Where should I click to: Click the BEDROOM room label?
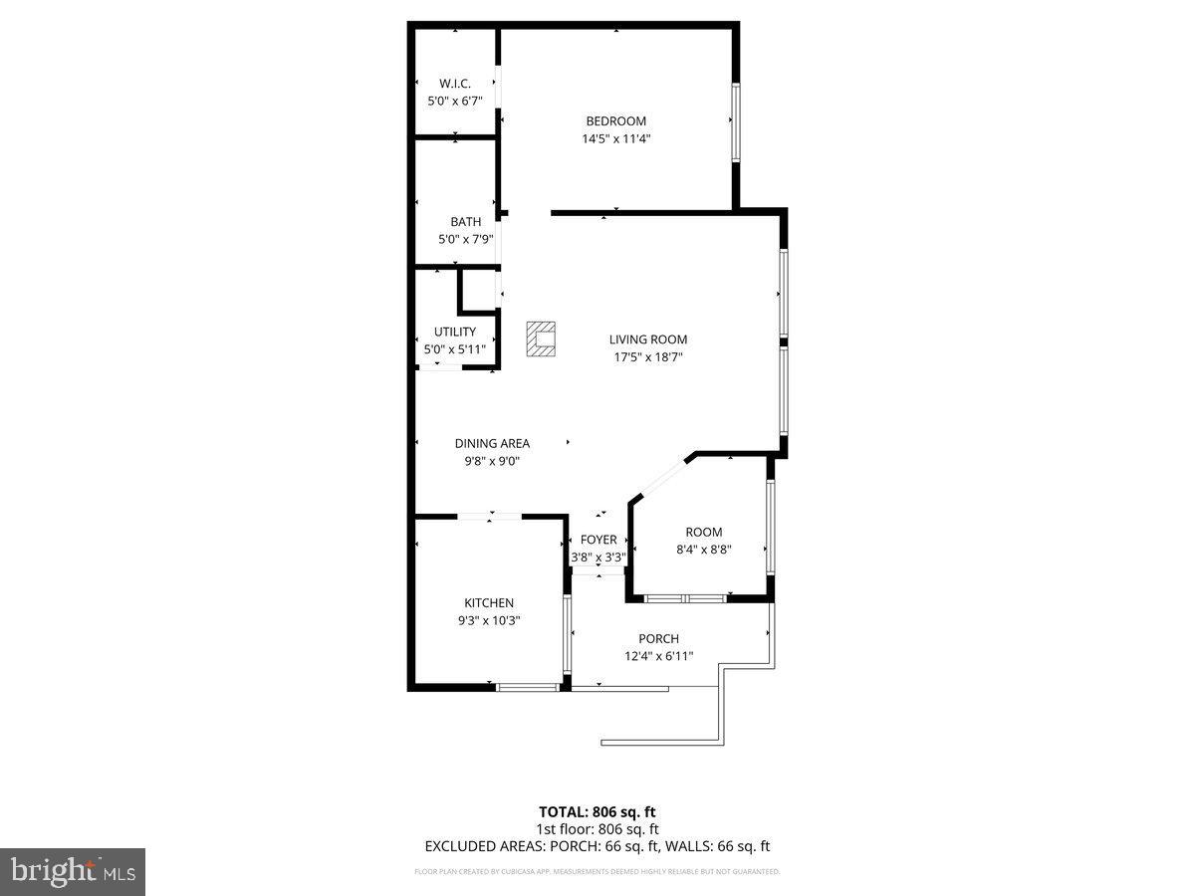point(615,121)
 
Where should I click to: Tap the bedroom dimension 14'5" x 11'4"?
point(615,139)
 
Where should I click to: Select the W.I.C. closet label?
point(455,84)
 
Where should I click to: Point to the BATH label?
point(465,222)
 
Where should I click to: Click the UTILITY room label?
point(455,332)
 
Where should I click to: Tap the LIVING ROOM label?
point(648,339)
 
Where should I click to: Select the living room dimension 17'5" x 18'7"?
point(648,357)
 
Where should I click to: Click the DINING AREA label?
point(492,443)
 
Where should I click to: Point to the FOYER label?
point(598,540)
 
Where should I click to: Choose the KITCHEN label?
point(489,602)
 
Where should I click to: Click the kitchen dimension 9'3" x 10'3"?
point(489,620)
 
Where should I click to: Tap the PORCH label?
point(658,638)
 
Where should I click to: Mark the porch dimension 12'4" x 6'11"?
point(658,656)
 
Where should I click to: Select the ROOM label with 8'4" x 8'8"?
point(703,532)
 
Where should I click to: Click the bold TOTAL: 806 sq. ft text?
point(597,811)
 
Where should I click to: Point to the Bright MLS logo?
point(73,872)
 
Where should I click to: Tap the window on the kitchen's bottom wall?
point(528,686)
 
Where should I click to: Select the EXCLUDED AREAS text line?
point(597,847)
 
